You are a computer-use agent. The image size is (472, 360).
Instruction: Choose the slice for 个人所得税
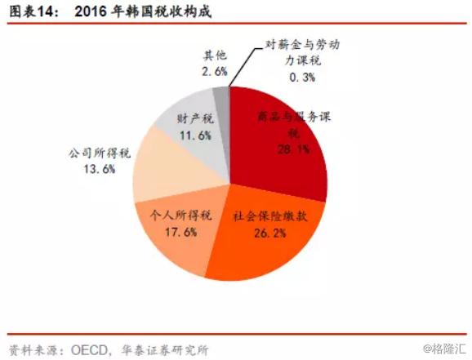coord(176,237)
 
